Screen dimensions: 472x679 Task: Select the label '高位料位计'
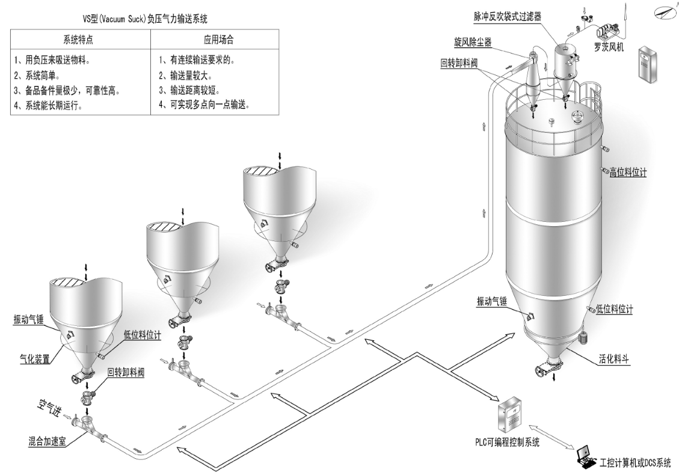pos(628,173)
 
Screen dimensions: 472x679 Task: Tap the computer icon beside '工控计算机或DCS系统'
pos(584,458)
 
